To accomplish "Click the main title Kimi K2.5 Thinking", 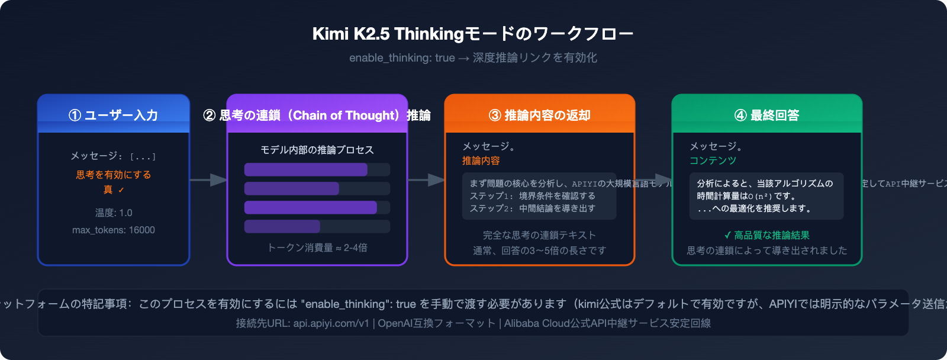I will click(x=473, y=34).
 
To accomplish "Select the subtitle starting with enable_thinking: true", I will click(x=473, y=57).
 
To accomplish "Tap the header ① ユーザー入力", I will click(x=114, y=115).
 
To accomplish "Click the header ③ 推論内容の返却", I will click(x=539, y=115).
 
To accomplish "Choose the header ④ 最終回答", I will click(x=766, y=115).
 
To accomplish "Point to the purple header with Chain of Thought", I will click(x=317, y=115).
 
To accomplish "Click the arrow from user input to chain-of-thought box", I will click(x=208, y=179).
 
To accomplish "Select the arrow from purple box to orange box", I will click(x=426, y=179).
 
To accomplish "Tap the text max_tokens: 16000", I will click(x=114, y=230).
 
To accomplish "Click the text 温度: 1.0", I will click(x=114, y=213).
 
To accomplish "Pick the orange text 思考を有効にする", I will click(x=114, y=175).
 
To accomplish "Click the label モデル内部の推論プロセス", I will click(x=317, y=150).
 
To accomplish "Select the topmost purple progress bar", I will click(x=306, y=170).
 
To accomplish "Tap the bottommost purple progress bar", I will click(x=282, y=226).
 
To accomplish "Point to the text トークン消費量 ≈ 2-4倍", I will click(x=317, y=247).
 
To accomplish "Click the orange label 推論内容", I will click(x=481, y=160).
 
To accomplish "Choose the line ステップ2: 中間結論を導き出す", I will click(x=532, y=208).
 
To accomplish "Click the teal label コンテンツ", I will click(x=713, y=160).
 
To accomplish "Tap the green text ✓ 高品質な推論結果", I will click(x=766, y=235).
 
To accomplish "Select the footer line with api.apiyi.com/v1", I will click(x=473, y=323).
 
